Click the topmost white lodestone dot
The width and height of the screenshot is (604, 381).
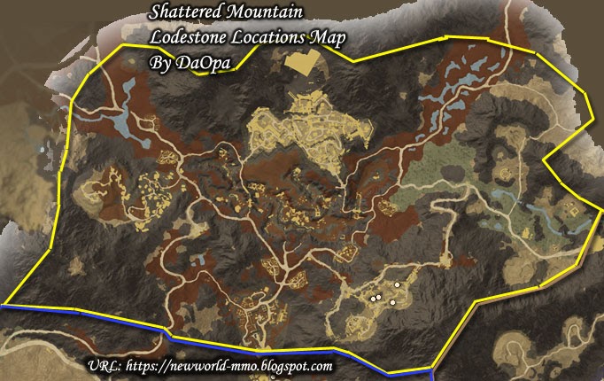click(x=397, y=284)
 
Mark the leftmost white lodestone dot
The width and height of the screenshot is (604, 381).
click(x=372, y=299)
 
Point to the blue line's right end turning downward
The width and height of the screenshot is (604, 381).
click(x=431, y=370)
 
